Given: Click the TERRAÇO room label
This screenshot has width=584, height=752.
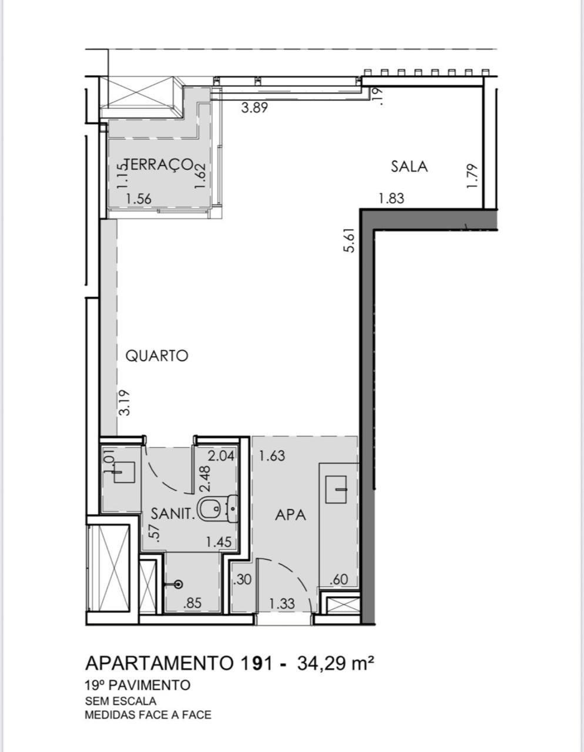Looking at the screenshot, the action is click(158, 164).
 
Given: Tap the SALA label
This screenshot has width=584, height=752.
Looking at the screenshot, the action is click(410, 166).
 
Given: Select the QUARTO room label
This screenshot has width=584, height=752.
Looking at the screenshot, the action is click(157, 356).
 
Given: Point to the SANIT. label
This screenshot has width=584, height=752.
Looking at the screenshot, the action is click(172, 513).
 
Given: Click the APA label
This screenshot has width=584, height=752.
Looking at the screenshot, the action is click(291, 515).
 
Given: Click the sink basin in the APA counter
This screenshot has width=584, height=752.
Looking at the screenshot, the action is click(335, 489).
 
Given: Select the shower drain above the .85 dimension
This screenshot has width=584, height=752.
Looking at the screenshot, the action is click(179, 585).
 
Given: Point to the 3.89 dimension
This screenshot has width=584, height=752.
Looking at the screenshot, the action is click(254, 108).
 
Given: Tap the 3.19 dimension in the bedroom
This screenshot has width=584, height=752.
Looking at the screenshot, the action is click(124, 402).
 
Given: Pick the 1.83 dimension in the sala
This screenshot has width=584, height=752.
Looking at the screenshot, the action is click(391, 199).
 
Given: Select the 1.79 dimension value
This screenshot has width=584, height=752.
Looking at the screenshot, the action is click(472, 176).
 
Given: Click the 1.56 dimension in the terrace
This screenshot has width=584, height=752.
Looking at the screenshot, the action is click(139, 199).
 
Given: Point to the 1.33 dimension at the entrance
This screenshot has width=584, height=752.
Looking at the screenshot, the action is click(282, 604).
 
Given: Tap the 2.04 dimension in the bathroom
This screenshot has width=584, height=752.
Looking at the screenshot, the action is click(221, 456).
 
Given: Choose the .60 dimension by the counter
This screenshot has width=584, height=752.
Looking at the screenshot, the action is click(338, 579).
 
